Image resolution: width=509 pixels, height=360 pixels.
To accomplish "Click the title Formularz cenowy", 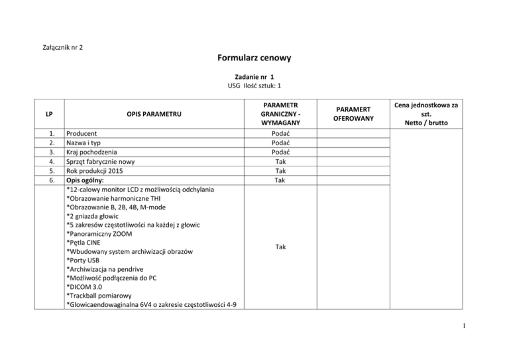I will [254, 58].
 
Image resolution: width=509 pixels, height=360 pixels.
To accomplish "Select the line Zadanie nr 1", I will [254, 76].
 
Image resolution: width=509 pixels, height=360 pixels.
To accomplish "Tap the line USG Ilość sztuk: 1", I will [254, 86].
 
